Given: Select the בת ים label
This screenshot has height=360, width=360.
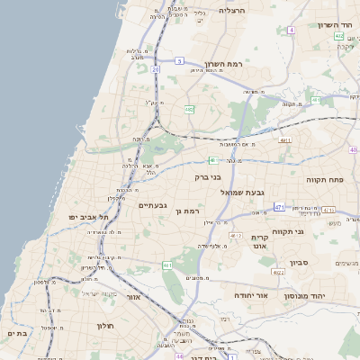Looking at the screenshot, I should pos(18,333).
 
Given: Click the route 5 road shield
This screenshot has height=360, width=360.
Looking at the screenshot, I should pos(180,61).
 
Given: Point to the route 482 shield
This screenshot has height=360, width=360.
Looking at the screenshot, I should pos(189,109).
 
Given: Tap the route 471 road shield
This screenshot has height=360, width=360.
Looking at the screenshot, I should pos(279,207).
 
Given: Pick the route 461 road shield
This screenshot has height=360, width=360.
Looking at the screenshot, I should pos(166,265).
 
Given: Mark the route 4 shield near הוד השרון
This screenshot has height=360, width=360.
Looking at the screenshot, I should pos(292,30).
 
